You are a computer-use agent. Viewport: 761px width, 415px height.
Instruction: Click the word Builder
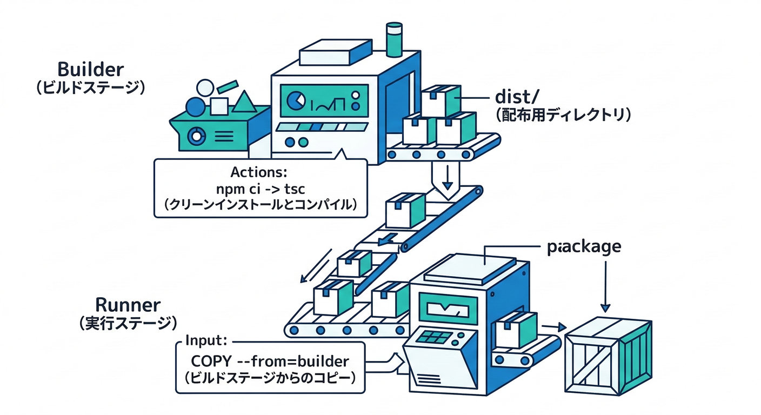tap(90, 70)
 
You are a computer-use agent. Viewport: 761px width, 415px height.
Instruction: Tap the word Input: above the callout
tap(205, 341)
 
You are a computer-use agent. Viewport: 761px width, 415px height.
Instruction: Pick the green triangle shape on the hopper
tap(244, 102)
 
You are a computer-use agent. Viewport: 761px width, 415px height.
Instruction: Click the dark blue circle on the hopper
tap(195, 106)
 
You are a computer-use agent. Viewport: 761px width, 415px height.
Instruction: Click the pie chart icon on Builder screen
tap(294, 100)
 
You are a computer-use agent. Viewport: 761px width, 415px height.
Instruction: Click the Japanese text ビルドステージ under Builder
tap(90, 88)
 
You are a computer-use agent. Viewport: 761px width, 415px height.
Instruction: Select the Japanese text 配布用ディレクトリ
tap(563, 115)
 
